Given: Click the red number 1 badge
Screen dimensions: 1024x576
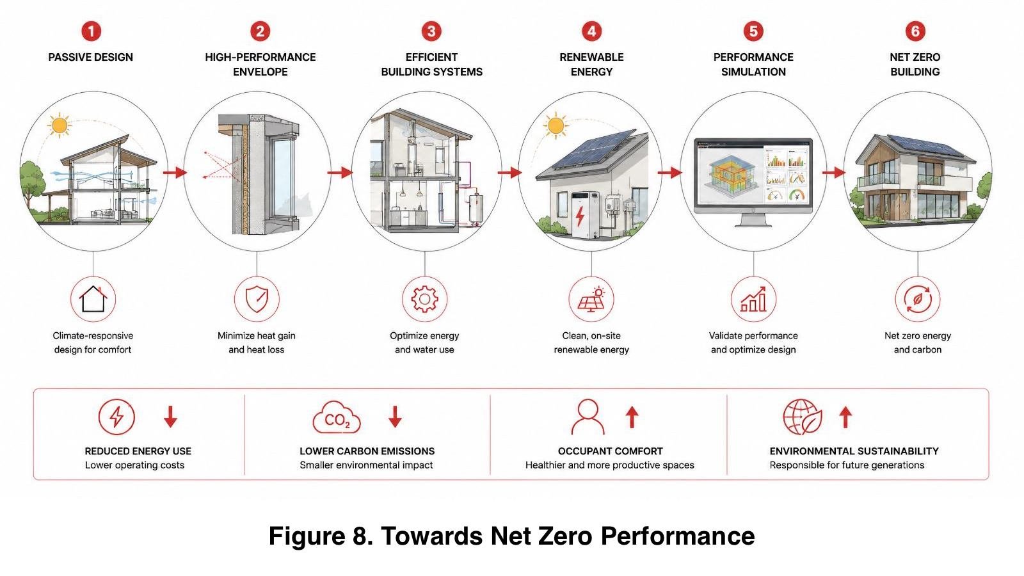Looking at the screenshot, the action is click(91, 31).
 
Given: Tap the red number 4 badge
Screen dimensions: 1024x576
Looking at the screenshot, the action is click(591, 31).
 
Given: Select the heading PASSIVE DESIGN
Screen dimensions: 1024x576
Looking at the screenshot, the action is click(90, 57).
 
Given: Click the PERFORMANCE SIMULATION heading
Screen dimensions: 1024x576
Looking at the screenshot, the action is click(753, 65).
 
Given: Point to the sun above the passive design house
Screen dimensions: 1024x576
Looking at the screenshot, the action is click(60, 125).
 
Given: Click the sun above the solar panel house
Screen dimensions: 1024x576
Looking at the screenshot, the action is click(556, 125).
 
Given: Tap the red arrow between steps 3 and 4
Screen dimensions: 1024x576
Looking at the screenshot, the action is click(509, 172).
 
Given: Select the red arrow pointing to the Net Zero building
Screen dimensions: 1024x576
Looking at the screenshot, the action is click(834, 172).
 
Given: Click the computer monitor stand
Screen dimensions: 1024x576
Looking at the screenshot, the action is click(753, 220).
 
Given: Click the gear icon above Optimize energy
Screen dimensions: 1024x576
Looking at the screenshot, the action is click(425, 299).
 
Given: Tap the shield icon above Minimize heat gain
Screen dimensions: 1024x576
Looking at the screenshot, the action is click(257, 300).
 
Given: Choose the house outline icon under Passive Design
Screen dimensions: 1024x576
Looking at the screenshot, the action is click(93, 299).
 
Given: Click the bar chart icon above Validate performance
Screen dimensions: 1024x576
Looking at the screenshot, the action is click(753, 300).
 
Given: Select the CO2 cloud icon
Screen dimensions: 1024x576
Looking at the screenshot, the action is click(337, 417).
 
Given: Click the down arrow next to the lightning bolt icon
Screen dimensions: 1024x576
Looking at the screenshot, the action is click(170, 417).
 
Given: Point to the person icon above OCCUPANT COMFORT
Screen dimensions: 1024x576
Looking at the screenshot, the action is click(588, 417).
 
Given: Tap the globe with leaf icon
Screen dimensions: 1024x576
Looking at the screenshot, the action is click(803, 417).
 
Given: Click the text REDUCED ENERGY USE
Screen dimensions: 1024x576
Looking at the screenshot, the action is click(138, 451).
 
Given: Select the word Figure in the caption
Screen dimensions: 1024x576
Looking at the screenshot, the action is click(307, 536).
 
